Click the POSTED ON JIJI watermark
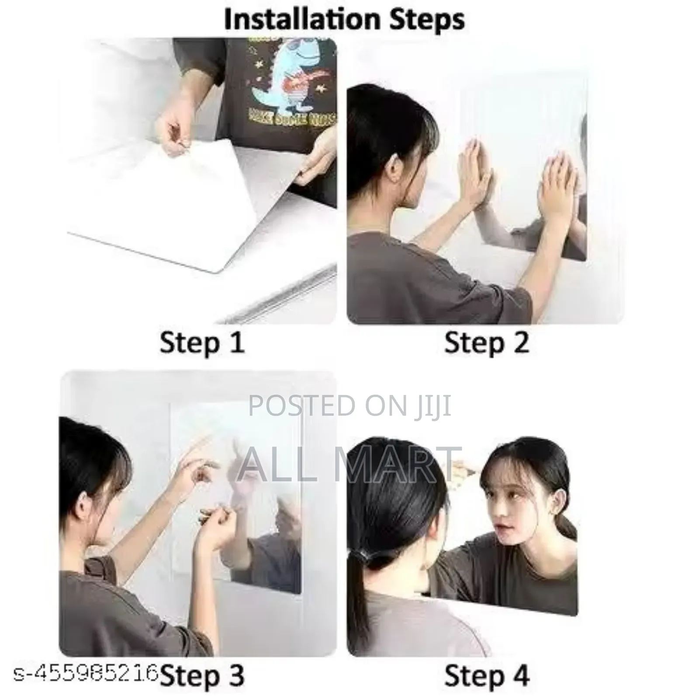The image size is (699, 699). pyautogui.click(x=349, y=405)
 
